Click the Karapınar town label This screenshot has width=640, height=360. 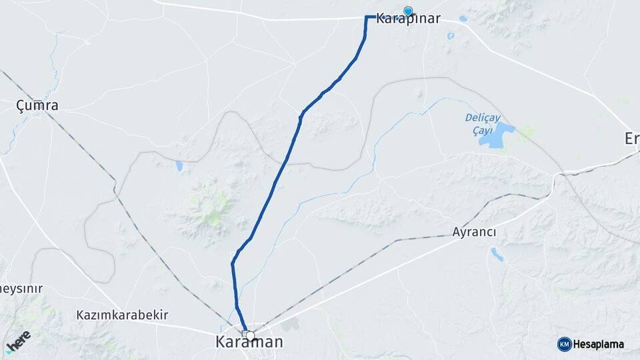(x=408, y=19)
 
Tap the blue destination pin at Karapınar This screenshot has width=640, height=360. (x=408, y=11)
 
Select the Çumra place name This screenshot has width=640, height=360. (x=37, y=105)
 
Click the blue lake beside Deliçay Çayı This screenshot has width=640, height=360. (x=497, y=135)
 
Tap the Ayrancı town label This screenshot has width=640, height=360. (x=474, y=232)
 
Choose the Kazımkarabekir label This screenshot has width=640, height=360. (x=122, y=314)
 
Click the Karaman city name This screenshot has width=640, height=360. (x=249, y=342)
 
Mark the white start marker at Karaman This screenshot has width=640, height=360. (x=250, y=335)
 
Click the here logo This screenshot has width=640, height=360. (x=18, y=341)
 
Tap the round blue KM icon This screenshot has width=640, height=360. (x=564, y=344)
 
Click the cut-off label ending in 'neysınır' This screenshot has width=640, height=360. (x=21, y=289)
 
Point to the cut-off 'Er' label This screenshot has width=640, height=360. (x=631, y=138)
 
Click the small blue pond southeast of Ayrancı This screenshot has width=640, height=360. (x=497, y=253)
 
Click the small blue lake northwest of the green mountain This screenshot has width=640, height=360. (x=179, y=165)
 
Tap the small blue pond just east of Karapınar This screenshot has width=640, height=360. (x=463, y=19)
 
